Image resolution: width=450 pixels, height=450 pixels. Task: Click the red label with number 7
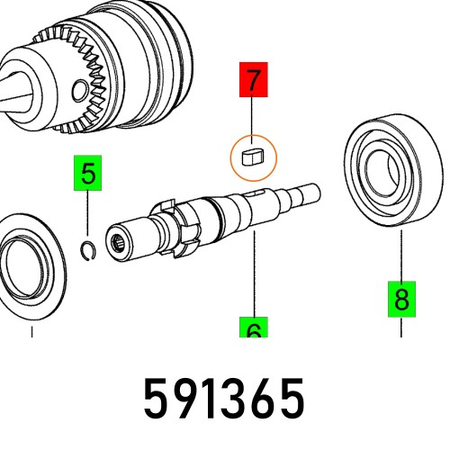pyautogui.click(x=254, y=80)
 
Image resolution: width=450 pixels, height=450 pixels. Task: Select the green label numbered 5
pyautogui.click(x=88, y=175)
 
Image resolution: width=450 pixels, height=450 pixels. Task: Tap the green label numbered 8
pyautogui.click(x=401, y=297)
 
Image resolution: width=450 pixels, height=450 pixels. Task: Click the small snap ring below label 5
pyautogui.click(x=88, y=249)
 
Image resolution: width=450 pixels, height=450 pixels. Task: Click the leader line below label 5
pyautogui.click(x=88, y=216)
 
